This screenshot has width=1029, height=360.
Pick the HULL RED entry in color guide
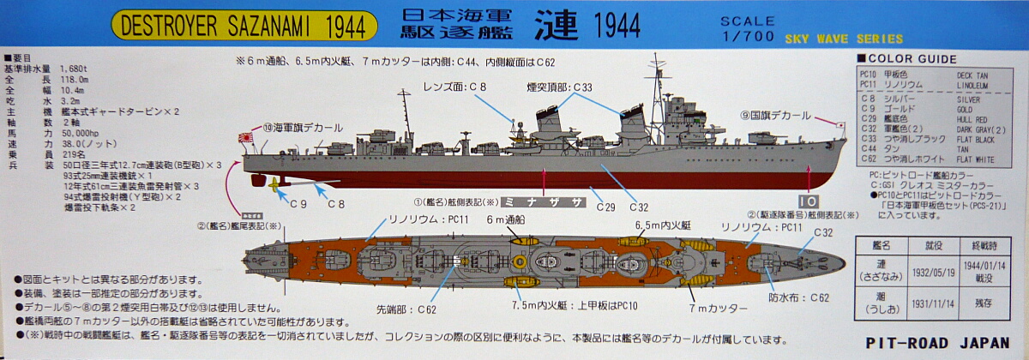[x=971, y=107]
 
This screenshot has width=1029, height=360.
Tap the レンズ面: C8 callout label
[x=454, y=87]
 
